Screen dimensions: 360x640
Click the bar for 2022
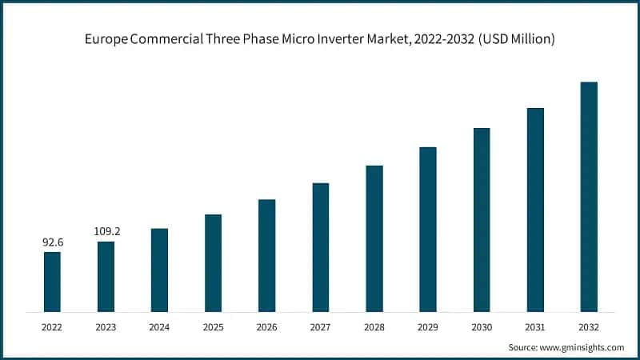coord(52,282)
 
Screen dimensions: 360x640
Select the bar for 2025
coord(213,262)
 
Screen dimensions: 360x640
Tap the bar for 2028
coord(374,238)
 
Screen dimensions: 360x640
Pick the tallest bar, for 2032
coord(589,197)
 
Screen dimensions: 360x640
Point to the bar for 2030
coord(482,219)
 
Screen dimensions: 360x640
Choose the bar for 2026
coord(266,255)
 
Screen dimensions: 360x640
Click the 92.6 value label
coord(53,241)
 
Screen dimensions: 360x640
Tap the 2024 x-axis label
coord(159,326)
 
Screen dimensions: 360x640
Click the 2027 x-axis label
coord(320,326)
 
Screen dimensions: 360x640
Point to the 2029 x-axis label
coord(427,326)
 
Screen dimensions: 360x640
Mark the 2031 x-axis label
coord(535,326)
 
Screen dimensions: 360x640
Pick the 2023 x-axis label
coord(106,326)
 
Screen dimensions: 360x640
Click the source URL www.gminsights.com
coord(582,347)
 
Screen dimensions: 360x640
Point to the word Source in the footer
coord(523,347)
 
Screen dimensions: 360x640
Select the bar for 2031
coord(535,210)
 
